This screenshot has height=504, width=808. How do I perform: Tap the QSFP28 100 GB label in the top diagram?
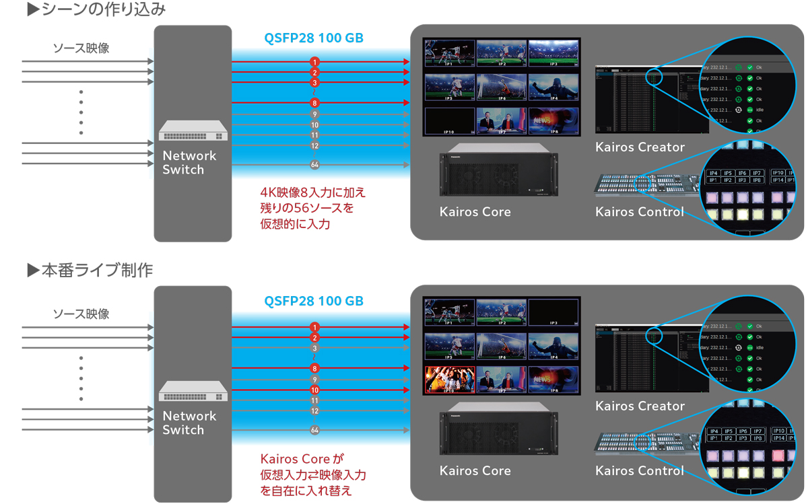[314, 38]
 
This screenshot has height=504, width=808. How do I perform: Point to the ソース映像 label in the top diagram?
[81, 48]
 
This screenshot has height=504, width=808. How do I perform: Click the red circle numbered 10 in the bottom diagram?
[314, 390]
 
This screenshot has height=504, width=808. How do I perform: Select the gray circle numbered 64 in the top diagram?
[314, 165]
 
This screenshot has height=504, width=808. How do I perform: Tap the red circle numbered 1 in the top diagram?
[314, 62]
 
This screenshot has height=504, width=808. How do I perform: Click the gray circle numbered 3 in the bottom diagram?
[314, 348]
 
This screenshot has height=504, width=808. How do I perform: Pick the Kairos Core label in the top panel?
[475, 212]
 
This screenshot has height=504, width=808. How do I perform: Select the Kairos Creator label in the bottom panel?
[640, 406]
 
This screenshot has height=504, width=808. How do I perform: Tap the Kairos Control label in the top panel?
[640, 212]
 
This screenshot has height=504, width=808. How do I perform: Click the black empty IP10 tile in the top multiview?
[449, 121]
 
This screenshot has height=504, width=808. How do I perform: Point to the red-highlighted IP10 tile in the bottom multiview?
[449, 380]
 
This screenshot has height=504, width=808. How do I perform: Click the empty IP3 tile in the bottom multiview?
[553, 312]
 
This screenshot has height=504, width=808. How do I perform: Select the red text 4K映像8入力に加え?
[313, 192]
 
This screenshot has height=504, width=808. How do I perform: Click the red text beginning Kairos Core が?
[301, 459]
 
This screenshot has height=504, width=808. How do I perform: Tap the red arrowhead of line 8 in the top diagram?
[407, 103]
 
